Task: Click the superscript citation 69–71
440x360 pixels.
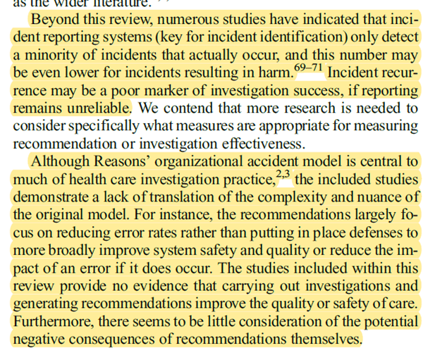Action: [307, 68]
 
